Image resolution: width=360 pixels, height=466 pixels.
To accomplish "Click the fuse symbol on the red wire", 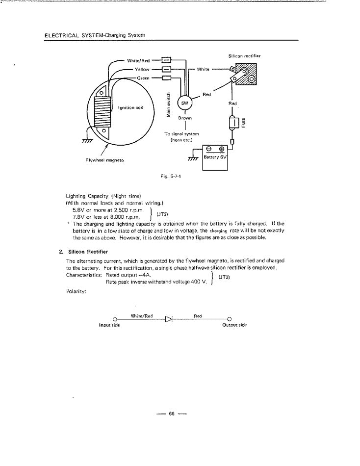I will tap(233, 123).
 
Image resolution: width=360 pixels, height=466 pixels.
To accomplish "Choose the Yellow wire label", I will tap(142, 69).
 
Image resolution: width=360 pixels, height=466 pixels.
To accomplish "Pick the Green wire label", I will tap(143, 78).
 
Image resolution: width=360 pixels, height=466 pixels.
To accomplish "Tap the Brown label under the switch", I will tap(185, 118).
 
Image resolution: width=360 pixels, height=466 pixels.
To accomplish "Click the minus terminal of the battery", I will tap(208, 149).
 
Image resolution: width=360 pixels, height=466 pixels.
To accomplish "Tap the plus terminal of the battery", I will tap(222, 149).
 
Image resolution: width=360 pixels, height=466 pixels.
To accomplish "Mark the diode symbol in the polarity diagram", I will tap(169, 319).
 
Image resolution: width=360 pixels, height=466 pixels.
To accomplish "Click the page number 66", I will tap(172, 414).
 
